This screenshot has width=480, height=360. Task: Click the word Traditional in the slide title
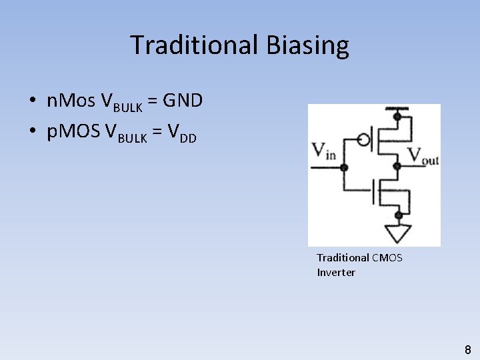click(x=194, y=45)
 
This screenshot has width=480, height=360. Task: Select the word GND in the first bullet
click(x=183, y=101)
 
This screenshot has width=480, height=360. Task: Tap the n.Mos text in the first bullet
click(x=71, y=101)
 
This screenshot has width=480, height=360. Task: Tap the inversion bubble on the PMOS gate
click(x=363, y=140)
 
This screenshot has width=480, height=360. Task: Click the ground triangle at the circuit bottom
click(x=399, y=233)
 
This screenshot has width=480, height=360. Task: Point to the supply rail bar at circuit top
click(x=398, y=109)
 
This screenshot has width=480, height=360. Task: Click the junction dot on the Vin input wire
click(x=344, y=167)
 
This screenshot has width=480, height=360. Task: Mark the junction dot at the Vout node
click(x=398, y=165)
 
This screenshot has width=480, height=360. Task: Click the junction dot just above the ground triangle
click(x=399, y=215)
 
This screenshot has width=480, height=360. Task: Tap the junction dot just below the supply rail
click(x=398, y=116)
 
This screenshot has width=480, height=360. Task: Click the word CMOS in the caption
click(x=387, y=257)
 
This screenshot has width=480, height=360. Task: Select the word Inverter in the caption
click(x=336, y=272)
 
